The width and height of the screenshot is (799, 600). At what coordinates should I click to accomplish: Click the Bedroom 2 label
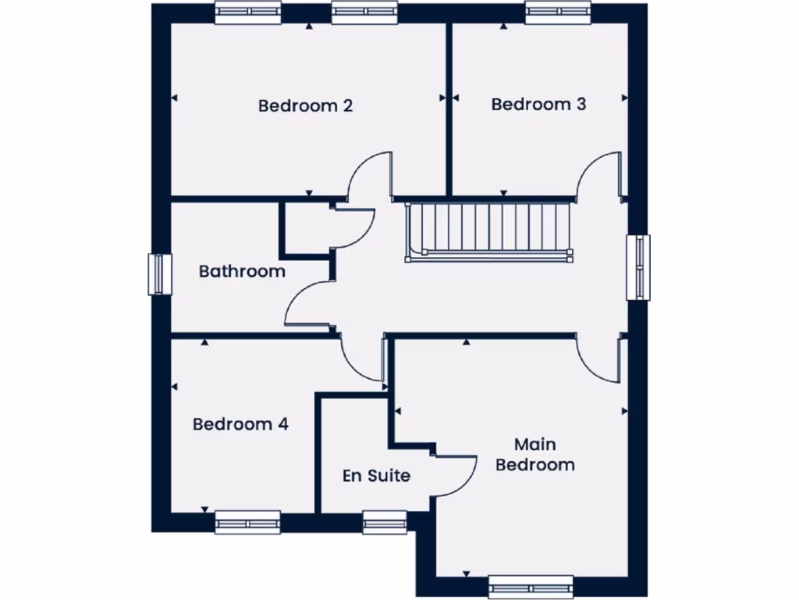[x=305, y=105]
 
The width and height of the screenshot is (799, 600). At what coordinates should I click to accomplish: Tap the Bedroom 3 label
[x=538, y=104]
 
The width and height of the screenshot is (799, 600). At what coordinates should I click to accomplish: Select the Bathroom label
[x=242, y=272]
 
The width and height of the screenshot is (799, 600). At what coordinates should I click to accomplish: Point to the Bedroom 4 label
[x=240, y=424]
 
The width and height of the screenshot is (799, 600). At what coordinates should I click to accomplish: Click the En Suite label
[x=376, y=475]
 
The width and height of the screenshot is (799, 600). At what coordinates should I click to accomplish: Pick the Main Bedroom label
[x=535, y=455]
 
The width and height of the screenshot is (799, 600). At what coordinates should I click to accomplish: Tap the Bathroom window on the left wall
[x=160, y=274]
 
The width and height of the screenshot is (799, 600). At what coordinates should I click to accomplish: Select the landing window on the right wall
[x=639, y=267]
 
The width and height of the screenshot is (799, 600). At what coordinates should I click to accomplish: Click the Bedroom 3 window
[x=558, y=13]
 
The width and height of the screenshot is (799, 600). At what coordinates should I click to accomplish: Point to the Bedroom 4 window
[x=247, y=521]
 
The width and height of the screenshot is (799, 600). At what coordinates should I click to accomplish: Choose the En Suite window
[x=385, y=521]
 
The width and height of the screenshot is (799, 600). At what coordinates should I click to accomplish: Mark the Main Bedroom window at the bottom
[x=531, y=587]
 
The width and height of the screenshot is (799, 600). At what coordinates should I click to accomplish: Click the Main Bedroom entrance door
[x=599, y=357]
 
